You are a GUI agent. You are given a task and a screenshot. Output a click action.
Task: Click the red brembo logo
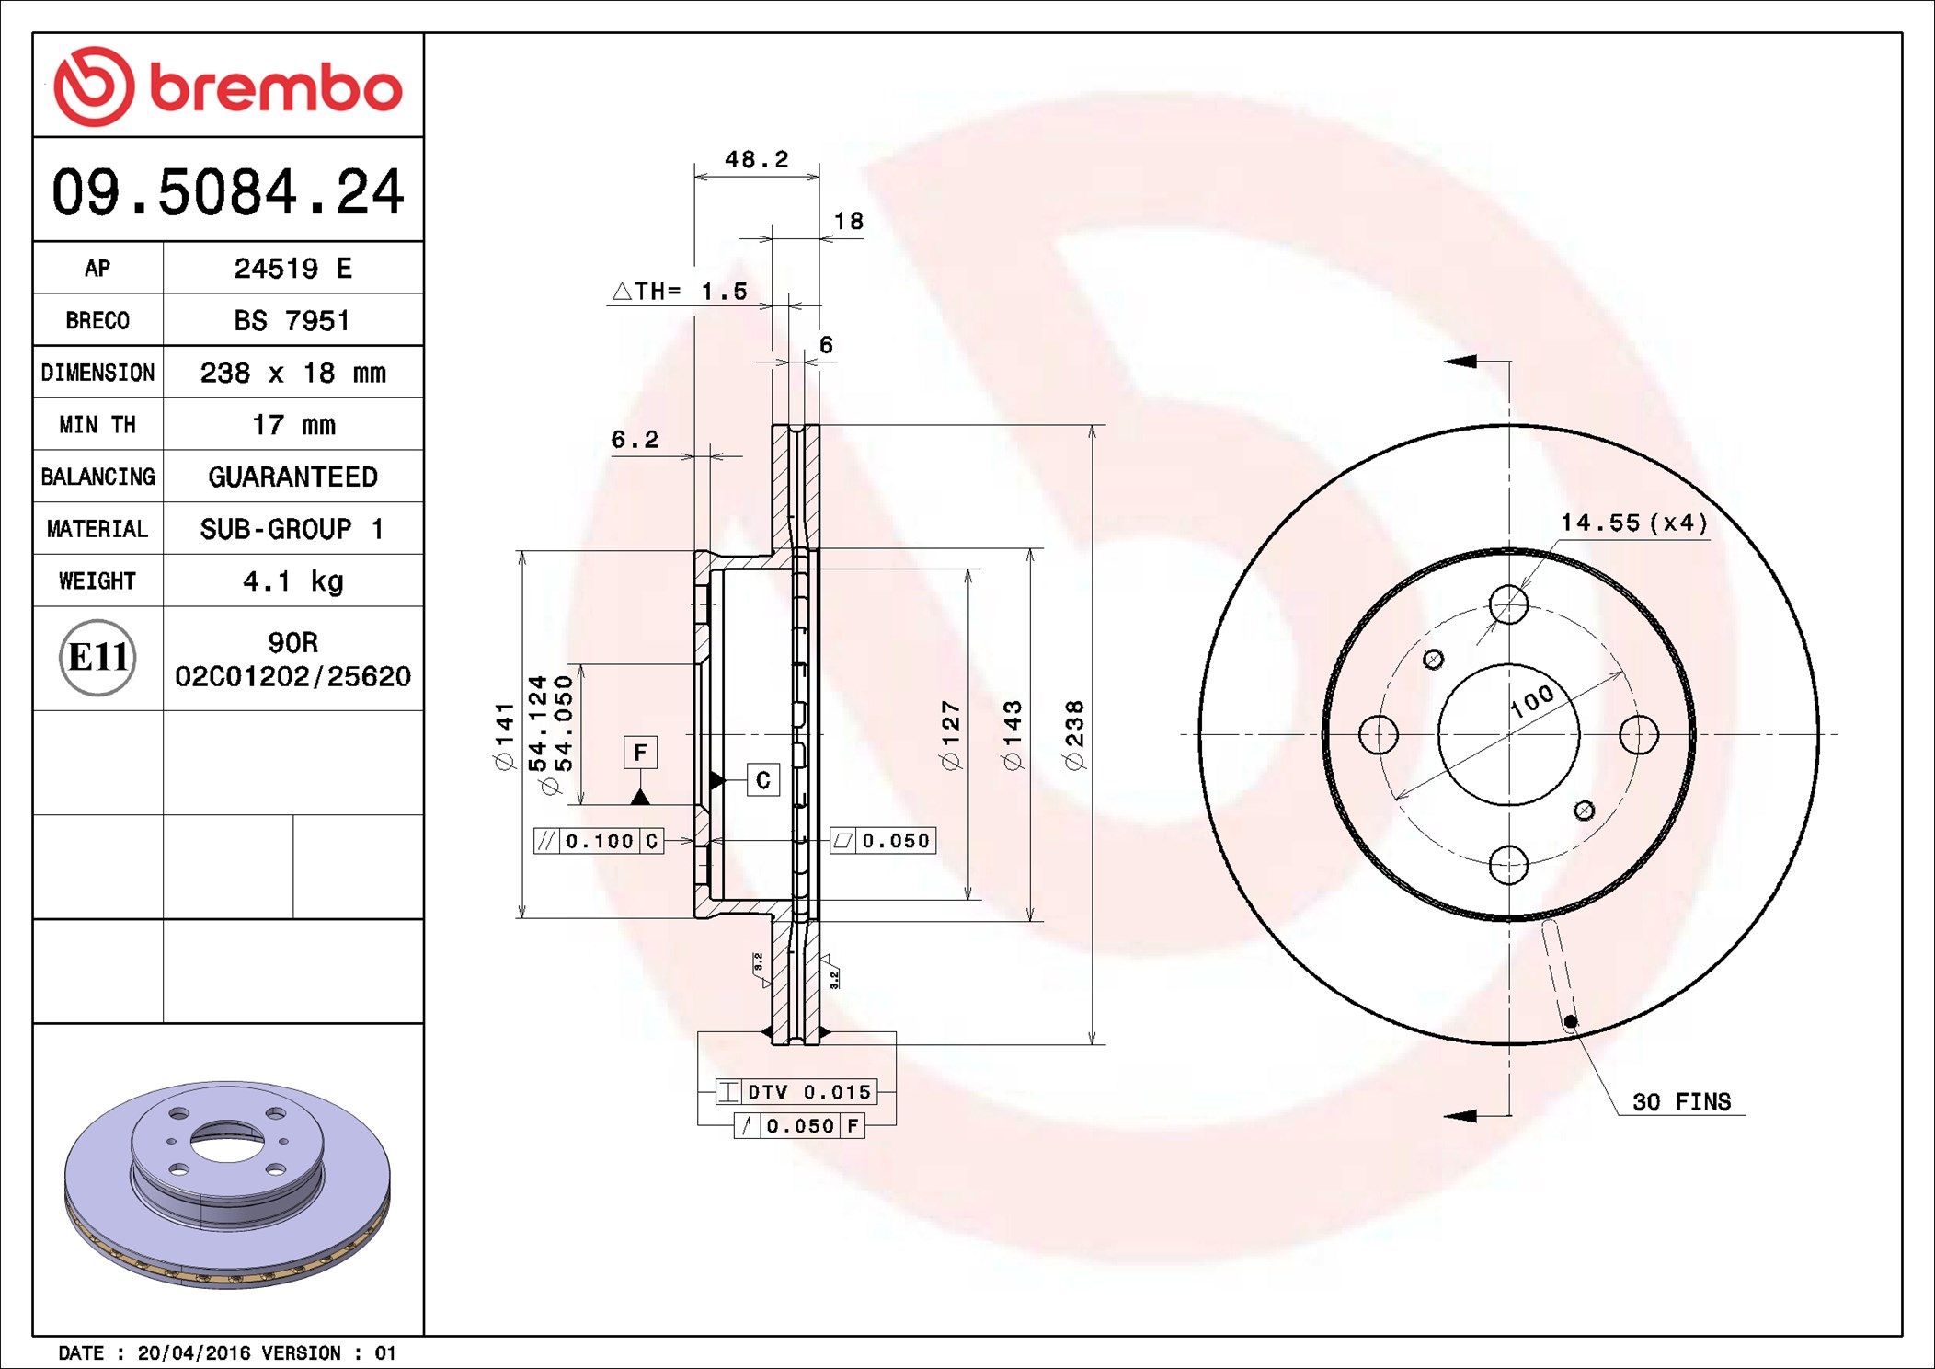228,86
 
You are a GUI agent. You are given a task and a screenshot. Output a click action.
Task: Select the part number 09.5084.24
228,192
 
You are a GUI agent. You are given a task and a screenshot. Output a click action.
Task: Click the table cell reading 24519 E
292,268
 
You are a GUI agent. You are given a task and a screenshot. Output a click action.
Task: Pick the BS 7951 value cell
292,320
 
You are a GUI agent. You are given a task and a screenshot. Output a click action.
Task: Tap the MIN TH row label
97,424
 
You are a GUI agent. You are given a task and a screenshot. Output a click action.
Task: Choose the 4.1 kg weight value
292,581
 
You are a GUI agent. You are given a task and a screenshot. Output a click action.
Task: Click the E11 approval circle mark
97,657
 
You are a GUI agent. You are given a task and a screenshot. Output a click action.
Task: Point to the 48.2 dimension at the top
757,159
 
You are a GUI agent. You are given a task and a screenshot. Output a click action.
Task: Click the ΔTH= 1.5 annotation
680,292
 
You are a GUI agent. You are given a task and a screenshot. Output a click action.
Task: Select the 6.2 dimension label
635,440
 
